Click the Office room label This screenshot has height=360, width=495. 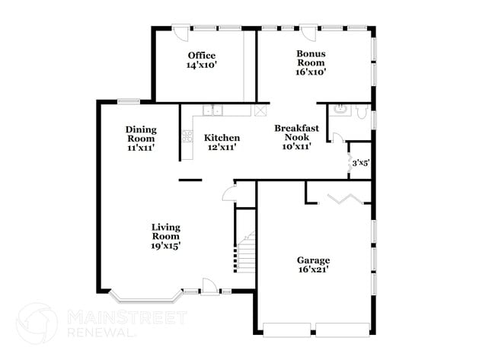coord(202,60)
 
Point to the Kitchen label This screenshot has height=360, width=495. coord(222,142)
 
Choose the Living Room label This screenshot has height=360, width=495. coord(165,236)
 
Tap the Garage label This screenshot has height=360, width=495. coord(313,265)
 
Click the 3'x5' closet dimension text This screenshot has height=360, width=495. coord(359,162)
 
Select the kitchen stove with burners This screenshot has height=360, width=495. coord(187,137)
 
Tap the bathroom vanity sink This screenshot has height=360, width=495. coord(340,110)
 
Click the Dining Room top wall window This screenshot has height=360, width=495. coord(129,101)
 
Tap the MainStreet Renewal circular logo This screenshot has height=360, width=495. coord(37,323)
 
